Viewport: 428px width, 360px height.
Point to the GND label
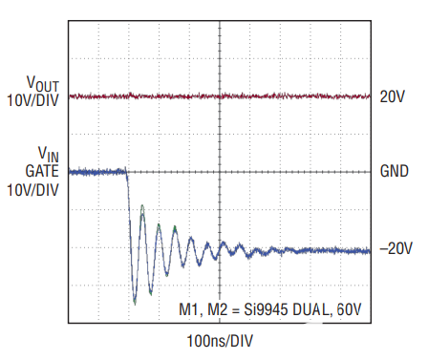(394, 174)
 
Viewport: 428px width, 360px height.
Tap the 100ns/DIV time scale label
(220, 340)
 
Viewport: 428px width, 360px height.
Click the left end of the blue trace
(71, 173)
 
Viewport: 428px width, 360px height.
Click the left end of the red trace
(71, 96)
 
